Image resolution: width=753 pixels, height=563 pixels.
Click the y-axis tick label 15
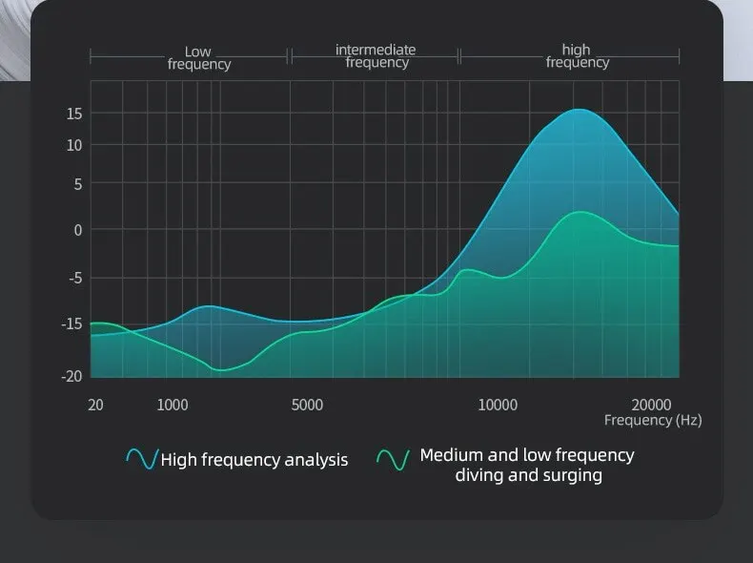point(73,114)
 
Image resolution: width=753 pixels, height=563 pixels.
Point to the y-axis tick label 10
point(73,145)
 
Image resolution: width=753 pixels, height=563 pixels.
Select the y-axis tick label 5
point(77,184)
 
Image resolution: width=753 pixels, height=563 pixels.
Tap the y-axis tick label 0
point(77,230)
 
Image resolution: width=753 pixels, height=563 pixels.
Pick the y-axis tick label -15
point(71,323)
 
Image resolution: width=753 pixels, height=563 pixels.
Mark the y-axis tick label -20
point(71,376)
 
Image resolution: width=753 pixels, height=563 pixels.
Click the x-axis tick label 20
point(95,405)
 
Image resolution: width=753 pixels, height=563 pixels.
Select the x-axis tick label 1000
point(172,405)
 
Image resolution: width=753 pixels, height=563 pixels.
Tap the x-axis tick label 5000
point(307,405)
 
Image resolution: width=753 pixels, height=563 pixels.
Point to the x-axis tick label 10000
point(498,405)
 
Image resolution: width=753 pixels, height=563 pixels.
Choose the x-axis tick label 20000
point(653,405)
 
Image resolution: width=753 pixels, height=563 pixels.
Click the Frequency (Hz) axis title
point(653,421)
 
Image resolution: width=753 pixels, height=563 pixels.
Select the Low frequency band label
point(198,57)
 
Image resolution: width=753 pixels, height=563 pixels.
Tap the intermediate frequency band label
point(376,56)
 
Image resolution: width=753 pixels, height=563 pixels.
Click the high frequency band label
point(577,56)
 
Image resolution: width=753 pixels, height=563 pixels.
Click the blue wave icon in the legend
point(141,459)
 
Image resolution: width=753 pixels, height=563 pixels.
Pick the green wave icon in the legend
point(393,460)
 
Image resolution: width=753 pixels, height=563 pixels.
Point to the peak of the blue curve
point(579,110)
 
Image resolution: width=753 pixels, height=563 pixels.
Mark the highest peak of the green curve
point(582,212)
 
